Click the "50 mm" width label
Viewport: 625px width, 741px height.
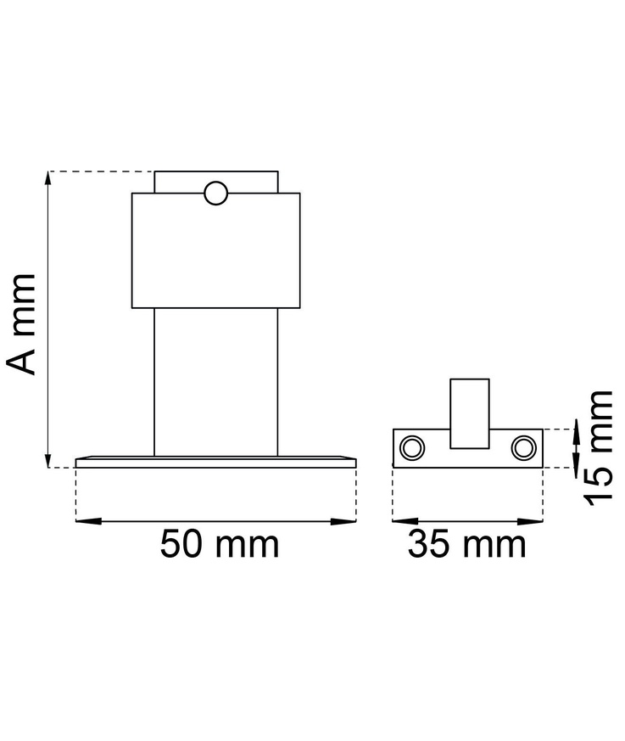(220, 544)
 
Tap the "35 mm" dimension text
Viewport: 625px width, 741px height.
(466, 544)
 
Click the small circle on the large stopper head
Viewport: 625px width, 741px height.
(216, 193)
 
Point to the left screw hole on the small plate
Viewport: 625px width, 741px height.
(414, 447)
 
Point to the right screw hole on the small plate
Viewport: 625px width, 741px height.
(523, 447)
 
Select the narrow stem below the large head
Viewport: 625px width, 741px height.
(215, 382)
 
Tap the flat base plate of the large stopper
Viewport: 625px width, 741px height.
(215, 462)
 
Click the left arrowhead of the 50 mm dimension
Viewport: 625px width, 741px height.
(83, 520)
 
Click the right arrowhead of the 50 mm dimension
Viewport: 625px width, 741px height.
(349, 520)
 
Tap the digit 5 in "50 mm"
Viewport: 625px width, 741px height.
(173, 544)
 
